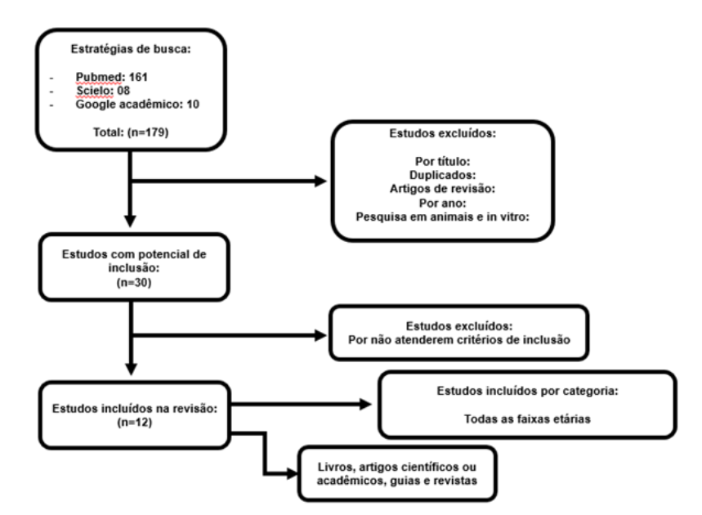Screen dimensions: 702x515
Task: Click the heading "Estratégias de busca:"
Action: [x=131, y=49]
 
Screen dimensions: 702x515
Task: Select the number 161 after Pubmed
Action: [x=138, y=77]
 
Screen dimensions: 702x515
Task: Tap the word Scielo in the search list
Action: [x=95, y=91]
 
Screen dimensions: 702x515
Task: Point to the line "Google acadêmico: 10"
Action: [x=137, y=105]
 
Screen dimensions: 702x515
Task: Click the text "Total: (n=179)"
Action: [x=131, y=132]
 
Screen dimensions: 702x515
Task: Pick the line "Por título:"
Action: [x=442, y=161]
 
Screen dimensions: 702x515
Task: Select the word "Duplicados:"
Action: [x=442, y=175]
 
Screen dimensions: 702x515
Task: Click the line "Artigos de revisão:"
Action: [x=442, y=189]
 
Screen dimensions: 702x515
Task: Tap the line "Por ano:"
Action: [x=442, y=203]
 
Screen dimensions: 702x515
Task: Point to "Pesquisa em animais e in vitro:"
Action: [x=442, y=217]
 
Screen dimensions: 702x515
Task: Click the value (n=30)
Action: [x=134, y=283]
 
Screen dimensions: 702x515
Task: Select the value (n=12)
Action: [x=135, y=423]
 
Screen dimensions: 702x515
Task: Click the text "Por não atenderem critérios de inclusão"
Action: [x=459, y=340]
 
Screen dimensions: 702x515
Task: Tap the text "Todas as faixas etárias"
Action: [x=527, y=419]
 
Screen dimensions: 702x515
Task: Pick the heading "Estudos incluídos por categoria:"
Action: [x=527, y=391]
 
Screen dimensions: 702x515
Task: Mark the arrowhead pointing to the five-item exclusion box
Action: [x=320, y=181]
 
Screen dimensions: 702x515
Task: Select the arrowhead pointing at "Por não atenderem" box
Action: [x=320, y=335]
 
